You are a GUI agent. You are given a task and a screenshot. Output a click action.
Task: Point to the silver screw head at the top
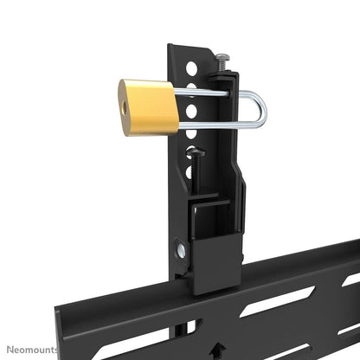click(x=224, y=57)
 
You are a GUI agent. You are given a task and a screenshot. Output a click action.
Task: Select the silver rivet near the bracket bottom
click(x=182, y=252)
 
